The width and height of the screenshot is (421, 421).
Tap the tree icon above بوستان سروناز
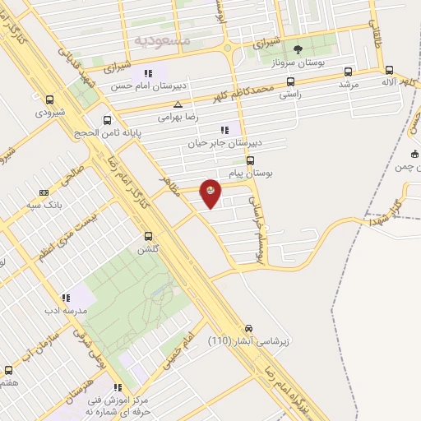(298, 49)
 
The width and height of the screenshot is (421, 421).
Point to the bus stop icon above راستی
(290, 81)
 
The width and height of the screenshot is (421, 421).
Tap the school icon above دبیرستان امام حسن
(147, 73)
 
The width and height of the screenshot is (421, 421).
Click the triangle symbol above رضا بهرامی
(178, 104)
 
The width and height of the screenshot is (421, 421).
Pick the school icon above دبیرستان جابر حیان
(223, 129)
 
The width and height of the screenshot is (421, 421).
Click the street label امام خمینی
(180, 350)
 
